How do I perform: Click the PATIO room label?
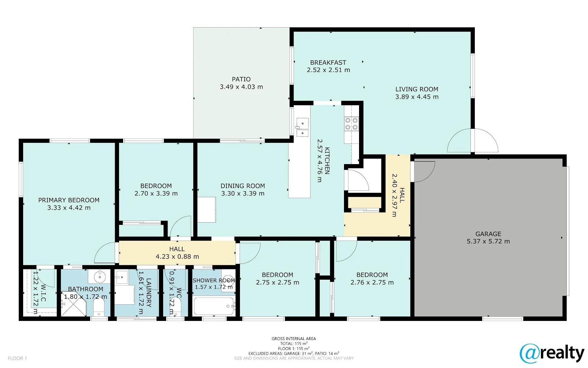pos(241,79)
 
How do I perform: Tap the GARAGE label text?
pos(488,234)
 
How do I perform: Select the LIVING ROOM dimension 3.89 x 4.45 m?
pos(417,97)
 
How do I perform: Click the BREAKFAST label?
pos(328,63)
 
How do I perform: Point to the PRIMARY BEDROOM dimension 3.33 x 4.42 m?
pos(69,208)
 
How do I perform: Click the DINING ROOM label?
pos(243,186)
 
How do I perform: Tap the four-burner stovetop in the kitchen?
pos(351,124)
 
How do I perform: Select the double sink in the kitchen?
pos(302,127)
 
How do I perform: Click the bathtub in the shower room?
pos(214,306)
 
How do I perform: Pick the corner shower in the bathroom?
pos(74,303)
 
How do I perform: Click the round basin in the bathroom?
pos(100,277)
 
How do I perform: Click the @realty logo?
pos(552,354)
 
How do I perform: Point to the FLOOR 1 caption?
pos(17,358)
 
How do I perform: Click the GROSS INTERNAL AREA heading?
pos(294,339)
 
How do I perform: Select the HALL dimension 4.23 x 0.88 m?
pos(177,256)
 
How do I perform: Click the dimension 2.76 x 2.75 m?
pos(372,282)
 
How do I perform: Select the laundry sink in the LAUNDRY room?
pos(122,277)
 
